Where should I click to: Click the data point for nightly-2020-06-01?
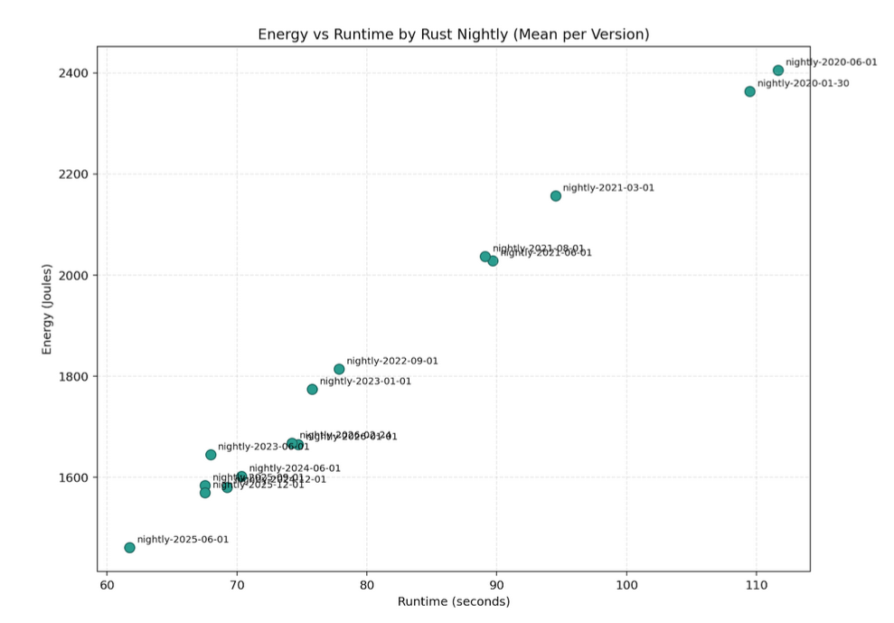[x=777, y=71]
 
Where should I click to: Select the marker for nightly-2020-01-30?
[x=749, y=91]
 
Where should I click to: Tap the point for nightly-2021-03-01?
[x=555, y=196]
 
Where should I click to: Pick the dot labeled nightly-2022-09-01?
[x=339, y=369]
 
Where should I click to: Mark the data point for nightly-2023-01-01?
[x=312, y=390]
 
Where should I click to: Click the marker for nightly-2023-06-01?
[x=211, y=455]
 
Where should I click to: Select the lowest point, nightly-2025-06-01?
[x=129, y=548]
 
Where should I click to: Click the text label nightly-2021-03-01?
[x=608, y=188]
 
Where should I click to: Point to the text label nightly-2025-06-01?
[x=183, y=540]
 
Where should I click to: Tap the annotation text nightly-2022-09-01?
[x=392, y=361]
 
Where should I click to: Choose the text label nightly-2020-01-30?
[x=803, y=84]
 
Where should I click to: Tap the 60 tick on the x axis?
[x=107, y=584]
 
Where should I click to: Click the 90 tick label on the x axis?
[x=496, y=584]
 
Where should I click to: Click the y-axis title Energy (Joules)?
[x=46, y=309]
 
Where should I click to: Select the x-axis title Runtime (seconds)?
[x=454, y=602]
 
